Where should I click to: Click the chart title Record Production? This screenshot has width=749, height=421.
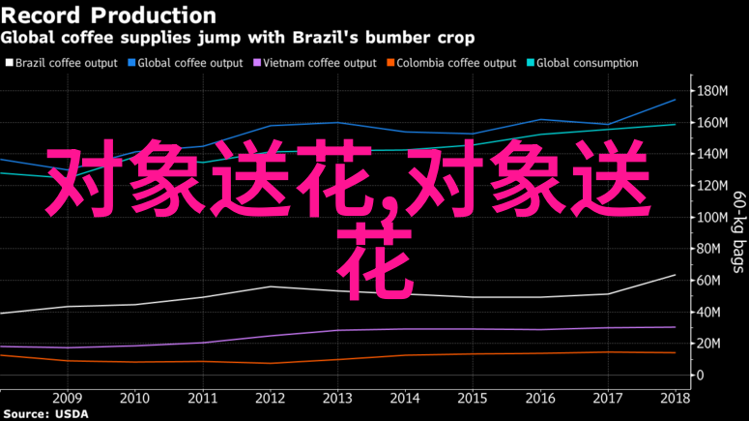tap(108, 15)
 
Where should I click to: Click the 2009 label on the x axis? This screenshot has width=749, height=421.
tap(67, 398)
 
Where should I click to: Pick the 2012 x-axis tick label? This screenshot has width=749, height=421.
tap(271, 398)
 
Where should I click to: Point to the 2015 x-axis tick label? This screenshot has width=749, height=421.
tap(472, 398)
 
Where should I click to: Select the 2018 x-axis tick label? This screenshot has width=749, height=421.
tap(675, 398)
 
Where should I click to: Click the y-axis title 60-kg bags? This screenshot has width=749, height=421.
tap(738, 232)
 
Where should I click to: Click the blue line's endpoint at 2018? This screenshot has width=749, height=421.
tap(675, 100)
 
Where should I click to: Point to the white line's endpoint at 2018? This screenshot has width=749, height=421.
tap(675, 275)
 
